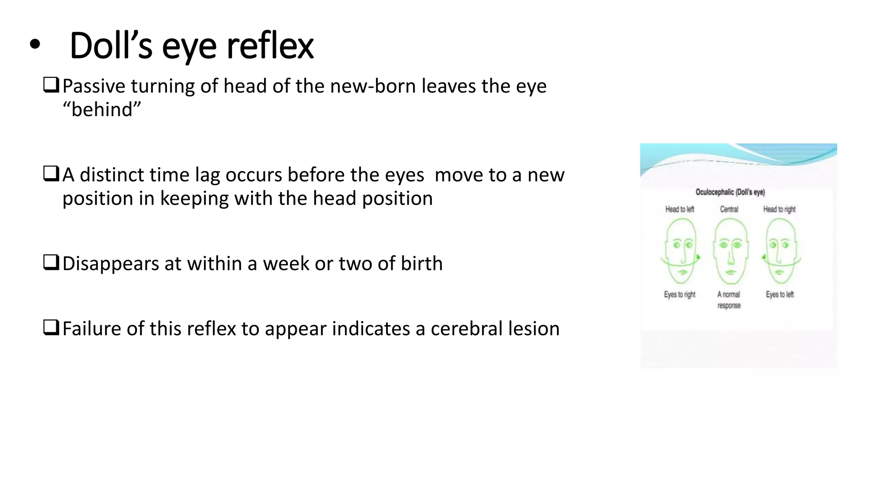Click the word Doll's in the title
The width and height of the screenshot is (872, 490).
coord(111,46)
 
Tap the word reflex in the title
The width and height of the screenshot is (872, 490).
coord(270,46)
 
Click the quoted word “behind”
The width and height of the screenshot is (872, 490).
coord(102,110)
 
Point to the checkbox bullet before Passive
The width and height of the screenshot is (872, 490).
coord(51,85)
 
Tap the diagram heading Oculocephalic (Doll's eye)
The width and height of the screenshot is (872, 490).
coord(730,192)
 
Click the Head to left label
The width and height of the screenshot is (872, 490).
coord(680,209)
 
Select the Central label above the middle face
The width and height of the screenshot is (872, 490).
coord(729,209)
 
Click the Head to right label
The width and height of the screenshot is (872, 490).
coord(779,209)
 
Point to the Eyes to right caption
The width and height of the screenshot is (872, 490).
coord(680,294)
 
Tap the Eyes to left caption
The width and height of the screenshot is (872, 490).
coord(780,294)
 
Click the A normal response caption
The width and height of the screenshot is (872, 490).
coord(729,300)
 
